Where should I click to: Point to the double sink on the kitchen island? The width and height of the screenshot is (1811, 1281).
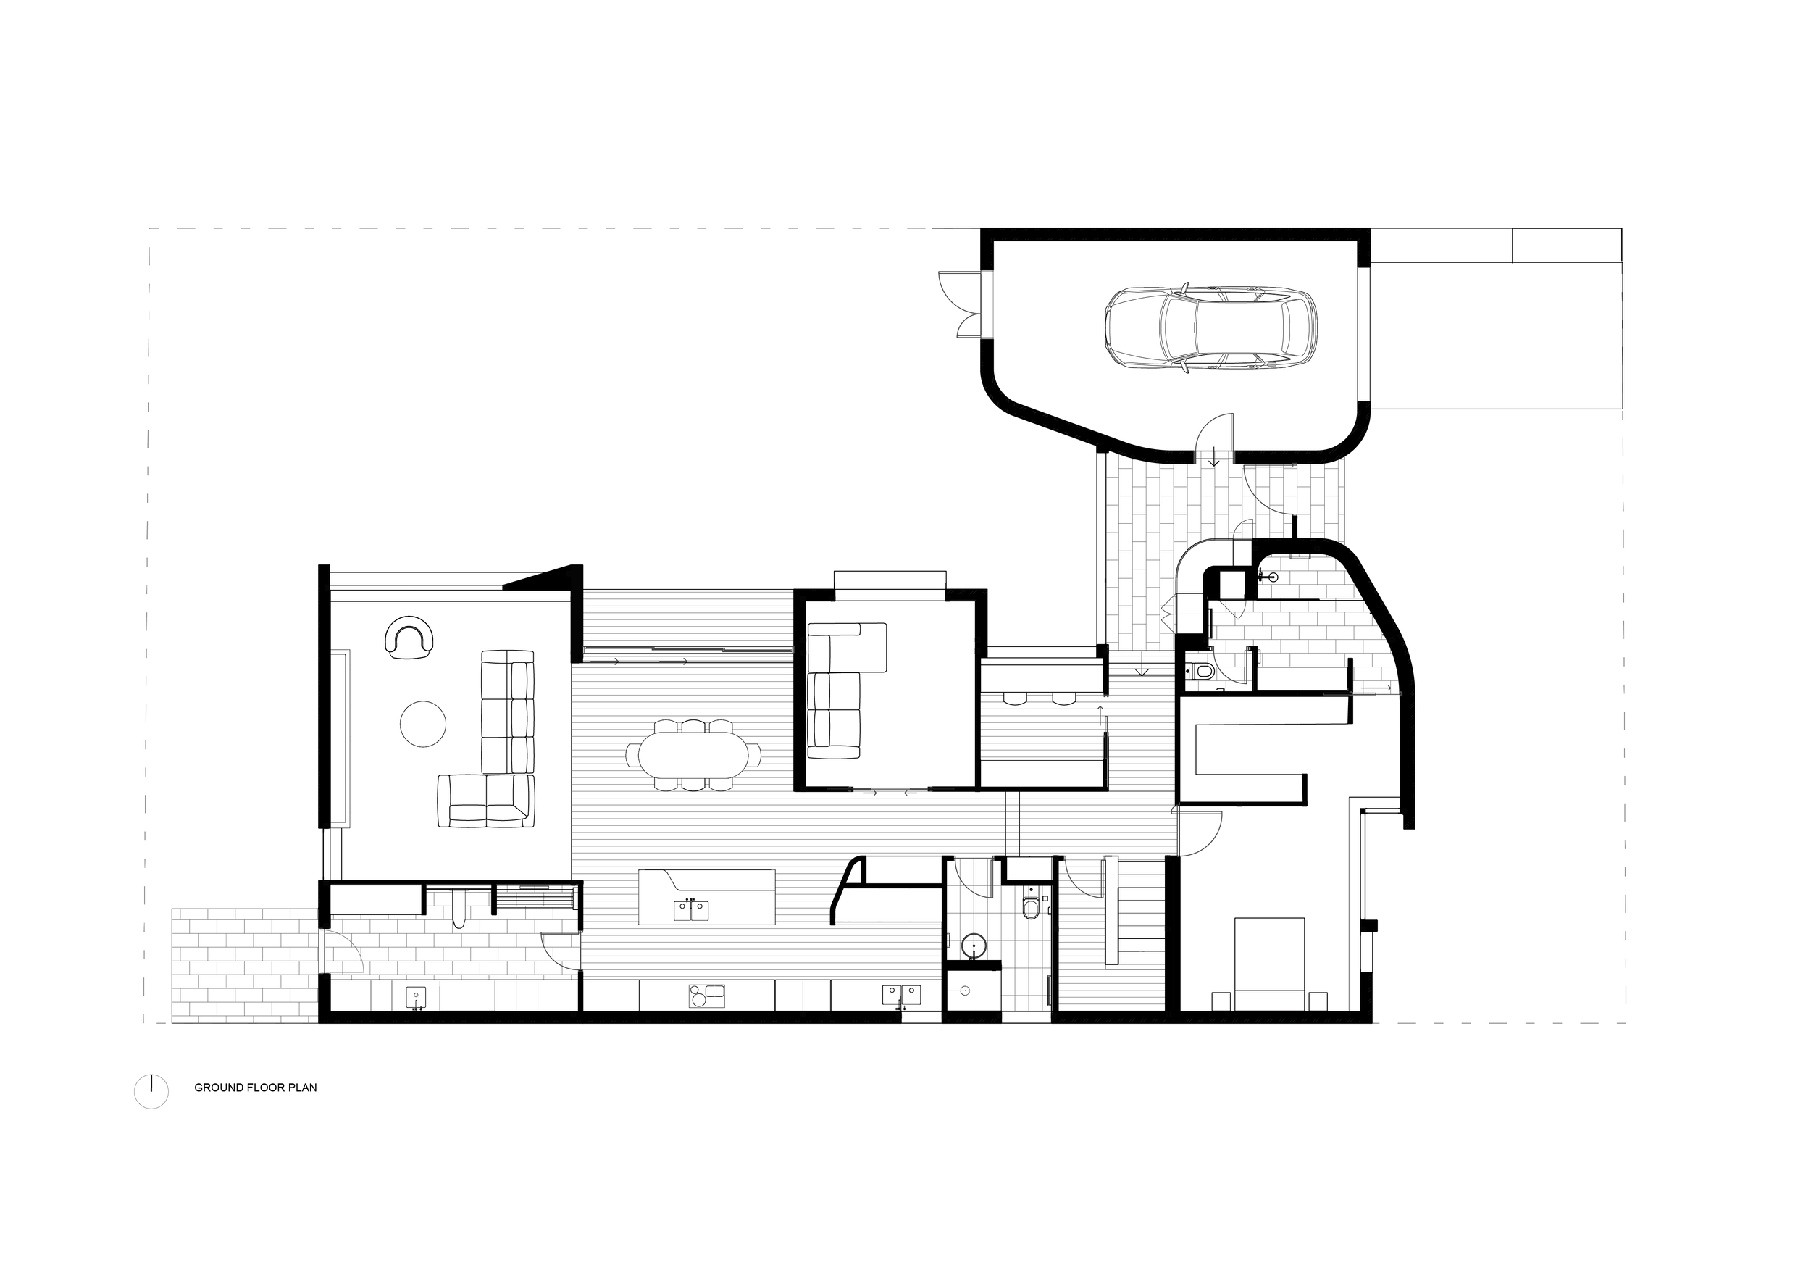point(692,910)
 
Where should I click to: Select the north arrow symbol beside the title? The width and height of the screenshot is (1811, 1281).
point(151,1092)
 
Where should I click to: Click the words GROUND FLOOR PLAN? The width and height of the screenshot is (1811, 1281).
point(256,1087)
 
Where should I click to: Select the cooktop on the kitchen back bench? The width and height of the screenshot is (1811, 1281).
point(706,996)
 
